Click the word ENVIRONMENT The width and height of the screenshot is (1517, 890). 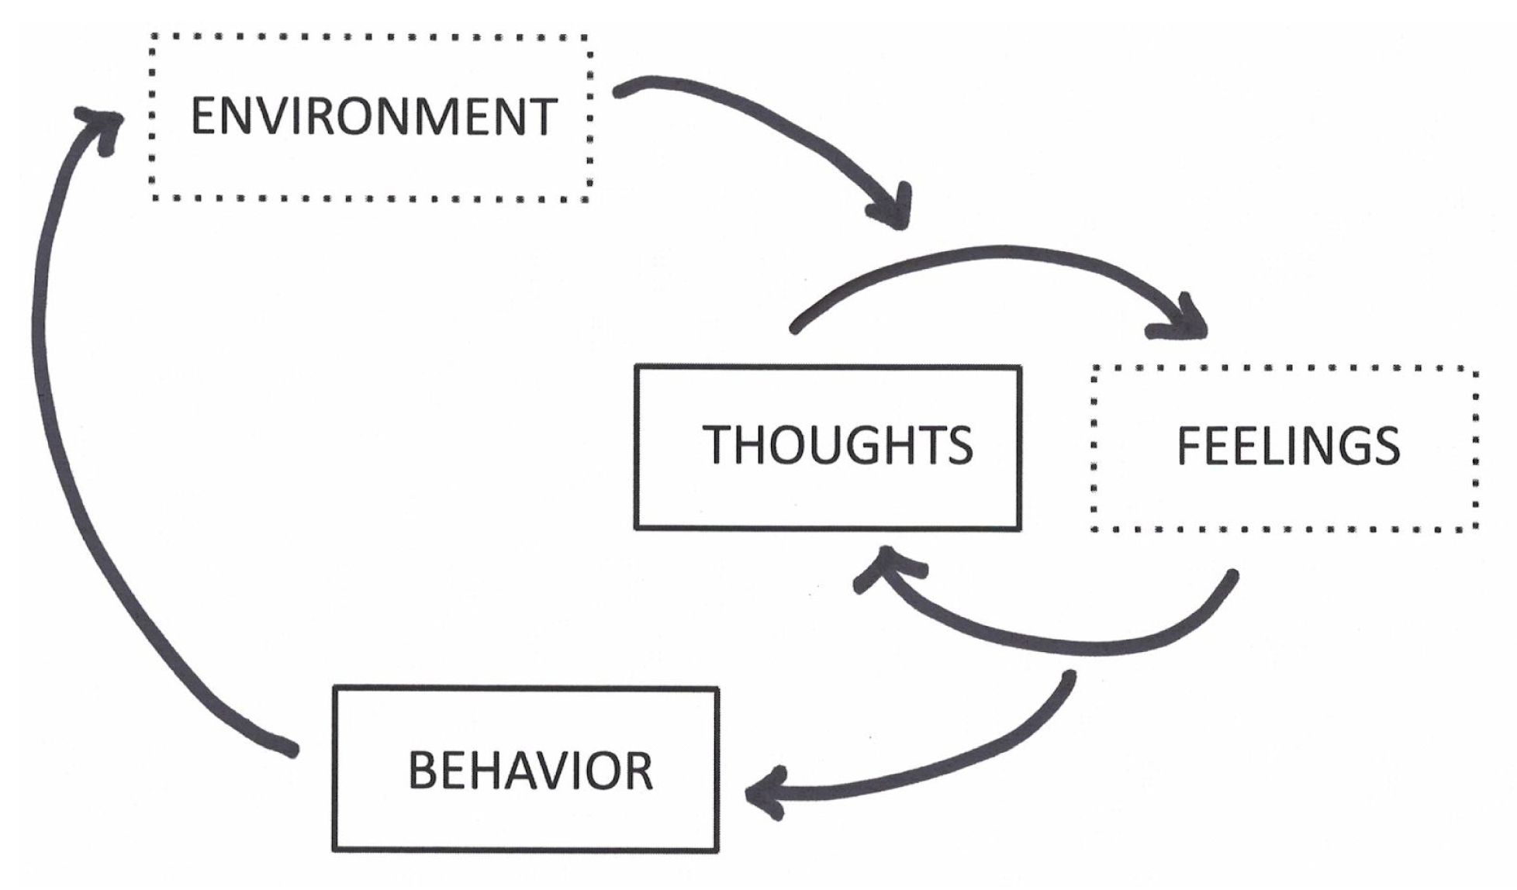click(x=374, y=116)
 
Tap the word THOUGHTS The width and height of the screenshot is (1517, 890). click(x=838, y=445)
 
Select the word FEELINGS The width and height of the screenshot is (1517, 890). click(x=1288, y=446)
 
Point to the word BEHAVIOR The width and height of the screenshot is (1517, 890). click(x=530, y=771)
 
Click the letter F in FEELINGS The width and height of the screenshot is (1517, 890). click(x=1188, y=446)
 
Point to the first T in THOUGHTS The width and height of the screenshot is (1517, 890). click(x=717, y=445)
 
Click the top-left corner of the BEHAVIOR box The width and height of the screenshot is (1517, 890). click(x=335, y=688)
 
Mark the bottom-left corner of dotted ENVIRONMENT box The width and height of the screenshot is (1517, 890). click(x=154, y=198)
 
